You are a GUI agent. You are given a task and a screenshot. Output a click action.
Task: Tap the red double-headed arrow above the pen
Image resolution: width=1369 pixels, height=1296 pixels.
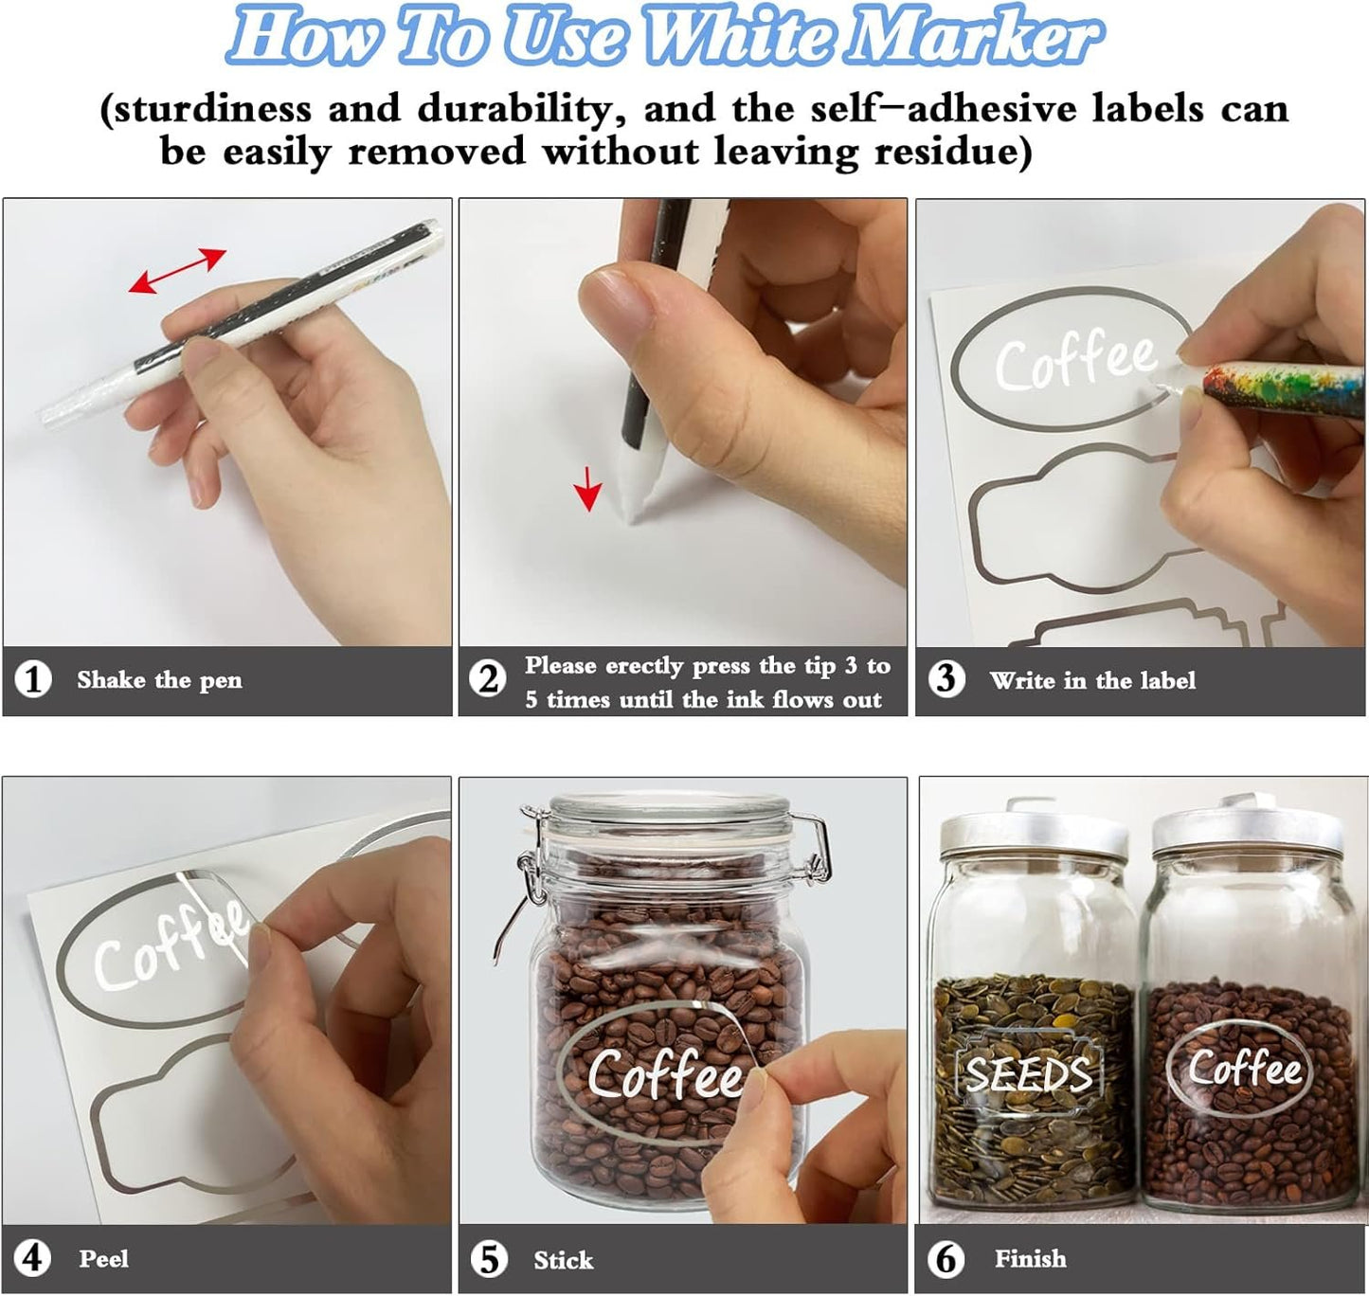click(x=177, y=270)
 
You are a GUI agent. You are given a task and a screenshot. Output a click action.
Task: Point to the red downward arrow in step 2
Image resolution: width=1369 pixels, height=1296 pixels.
click(x=588, y=488)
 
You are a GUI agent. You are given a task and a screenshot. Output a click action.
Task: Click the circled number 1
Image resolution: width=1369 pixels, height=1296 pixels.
click(x=33, y=679)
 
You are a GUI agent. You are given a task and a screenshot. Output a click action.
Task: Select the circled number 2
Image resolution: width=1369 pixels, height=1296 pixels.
click(x=487, y=679)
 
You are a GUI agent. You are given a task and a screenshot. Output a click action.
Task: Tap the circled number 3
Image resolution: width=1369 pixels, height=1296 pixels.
click(x=946, y=679)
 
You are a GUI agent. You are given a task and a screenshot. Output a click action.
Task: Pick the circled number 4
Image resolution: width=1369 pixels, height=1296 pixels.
click(x=33, y=1258)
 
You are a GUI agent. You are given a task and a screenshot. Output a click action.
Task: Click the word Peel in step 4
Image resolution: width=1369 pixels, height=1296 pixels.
click(x=104, y=1259)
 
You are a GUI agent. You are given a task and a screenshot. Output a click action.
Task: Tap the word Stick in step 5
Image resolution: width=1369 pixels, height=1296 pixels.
click(x=564, y=1260)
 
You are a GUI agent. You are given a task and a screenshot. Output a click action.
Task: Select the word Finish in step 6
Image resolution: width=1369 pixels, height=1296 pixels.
click(x=1031, y=1258)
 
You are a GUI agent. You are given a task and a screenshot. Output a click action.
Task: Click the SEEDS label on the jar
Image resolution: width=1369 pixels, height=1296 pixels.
click(x=1029, y=1074)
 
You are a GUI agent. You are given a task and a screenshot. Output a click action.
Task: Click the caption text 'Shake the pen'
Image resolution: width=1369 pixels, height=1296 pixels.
click(x=160, y=679)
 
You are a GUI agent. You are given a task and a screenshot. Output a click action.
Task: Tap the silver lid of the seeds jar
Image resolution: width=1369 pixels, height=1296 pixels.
click(x=1034, y=832)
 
